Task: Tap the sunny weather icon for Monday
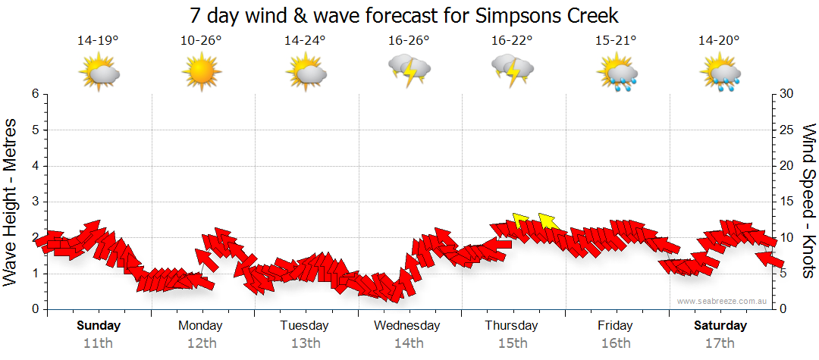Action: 201,74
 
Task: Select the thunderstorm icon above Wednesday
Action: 409,70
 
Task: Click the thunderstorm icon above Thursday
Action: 512,70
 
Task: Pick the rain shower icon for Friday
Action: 617,74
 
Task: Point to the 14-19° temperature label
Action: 98,41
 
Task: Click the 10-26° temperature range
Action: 201,41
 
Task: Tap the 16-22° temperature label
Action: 512,41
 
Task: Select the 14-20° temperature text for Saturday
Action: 719,41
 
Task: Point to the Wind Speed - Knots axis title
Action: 808,201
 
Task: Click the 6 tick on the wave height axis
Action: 35,94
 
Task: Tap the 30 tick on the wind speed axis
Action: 787,94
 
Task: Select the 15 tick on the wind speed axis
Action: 787,202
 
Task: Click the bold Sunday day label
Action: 98,326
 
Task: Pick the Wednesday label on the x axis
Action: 408,326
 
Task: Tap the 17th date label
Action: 720,343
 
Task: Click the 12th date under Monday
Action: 201,343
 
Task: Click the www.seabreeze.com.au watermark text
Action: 723,301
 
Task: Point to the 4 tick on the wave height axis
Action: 35,166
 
